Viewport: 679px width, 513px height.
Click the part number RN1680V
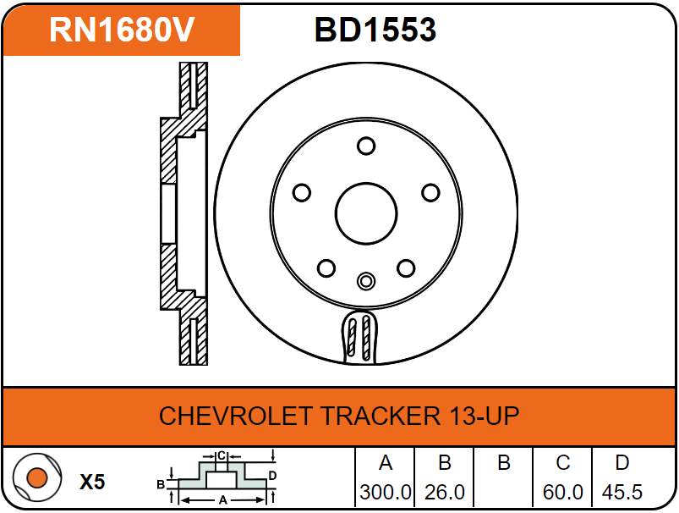(122, 30)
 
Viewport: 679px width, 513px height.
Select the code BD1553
(375, 30)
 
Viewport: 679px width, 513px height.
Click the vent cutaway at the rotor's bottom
(359, 337)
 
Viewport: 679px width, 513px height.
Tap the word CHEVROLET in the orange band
(236, 416)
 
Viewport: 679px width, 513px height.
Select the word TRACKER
(381, 416)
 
